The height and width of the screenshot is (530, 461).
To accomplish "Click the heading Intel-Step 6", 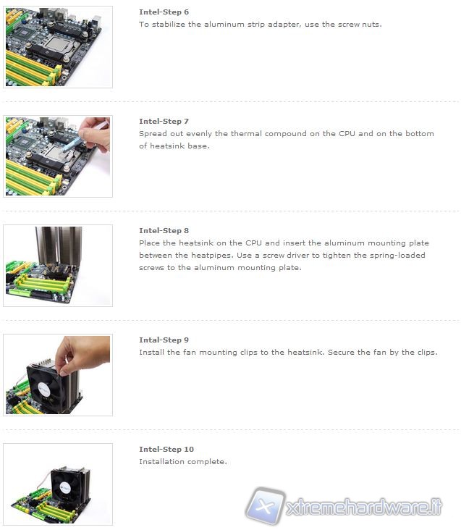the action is (x=164, y=12).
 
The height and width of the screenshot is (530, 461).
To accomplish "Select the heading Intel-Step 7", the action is (x=164, y=121).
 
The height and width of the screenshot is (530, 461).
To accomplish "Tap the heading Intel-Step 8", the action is (x=164, y=230).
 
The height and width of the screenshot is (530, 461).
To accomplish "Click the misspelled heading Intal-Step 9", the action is (x=164, y=340).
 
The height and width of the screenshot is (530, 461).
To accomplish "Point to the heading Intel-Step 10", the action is (x=166, y=449).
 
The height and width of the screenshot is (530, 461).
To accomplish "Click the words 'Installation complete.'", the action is (x=183, y=461).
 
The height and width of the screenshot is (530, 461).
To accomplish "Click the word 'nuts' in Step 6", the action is (x=371, y=25).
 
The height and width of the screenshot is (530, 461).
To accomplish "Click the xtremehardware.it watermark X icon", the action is (x=266, y=505).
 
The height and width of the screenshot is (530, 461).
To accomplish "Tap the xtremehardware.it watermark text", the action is (x=364, y=507).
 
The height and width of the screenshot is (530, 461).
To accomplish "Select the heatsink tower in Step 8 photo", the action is (x=59, y=247).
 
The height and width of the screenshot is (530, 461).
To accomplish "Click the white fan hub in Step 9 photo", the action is (x=44, y=389).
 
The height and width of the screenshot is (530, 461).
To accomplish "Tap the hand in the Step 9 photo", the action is (x=83, y=354).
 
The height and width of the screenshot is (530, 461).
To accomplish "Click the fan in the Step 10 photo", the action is (x=66, y=487).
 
